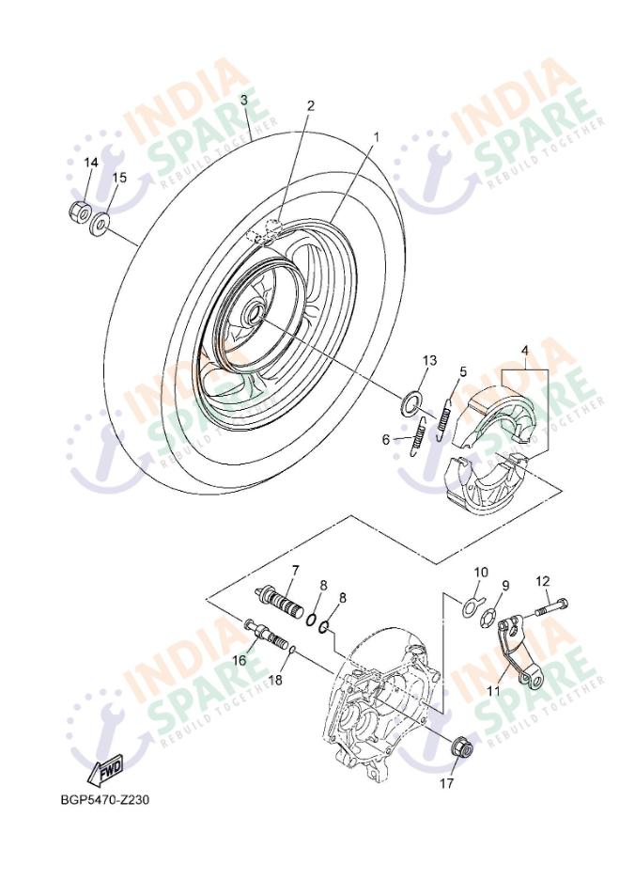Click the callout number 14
click(90, 163)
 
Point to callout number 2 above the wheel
click(310, 105)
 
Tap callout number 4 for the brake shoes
click(525, 352)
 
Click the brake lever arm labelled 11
click(515, 649)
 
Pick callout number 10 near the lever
click(480, 572)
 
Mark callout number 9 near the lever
click(504, 585)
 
